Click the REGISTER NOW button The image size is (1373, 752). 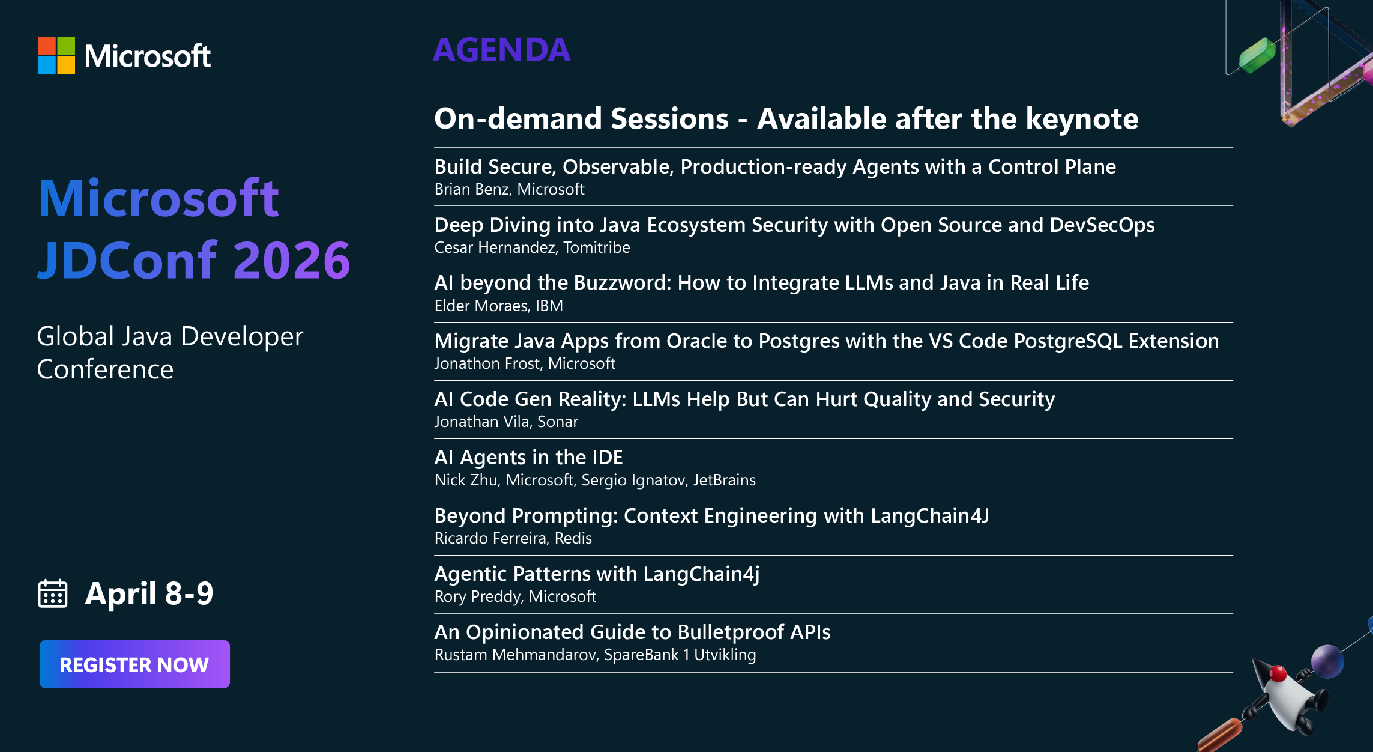(134, 664)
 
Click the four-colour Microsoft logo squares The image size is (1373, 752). (56, 56)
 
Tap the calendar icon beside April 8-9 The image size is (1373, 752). (53, 594)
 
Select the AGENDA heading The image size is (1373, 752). (501, 50)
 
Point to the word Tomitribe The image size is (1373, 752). (596, 247)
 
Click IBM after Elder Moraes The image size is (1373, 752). (549, 306)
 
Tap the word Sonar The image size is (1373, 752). (557, 422)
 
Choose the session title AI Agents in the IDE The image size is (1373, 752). (528, 458)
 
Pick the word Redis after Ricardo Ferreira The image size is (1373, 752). (573, 539)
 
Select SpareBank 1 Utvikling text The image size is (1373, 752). (680, 655)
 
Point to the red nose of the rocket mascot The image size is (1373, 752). (1278, 673)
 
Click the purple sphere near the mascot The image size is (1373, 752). (1327, 661)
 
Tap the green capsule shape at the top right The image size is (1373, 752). (1257, 55)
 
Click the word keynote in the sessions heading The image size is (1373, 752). (1082, 118)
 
